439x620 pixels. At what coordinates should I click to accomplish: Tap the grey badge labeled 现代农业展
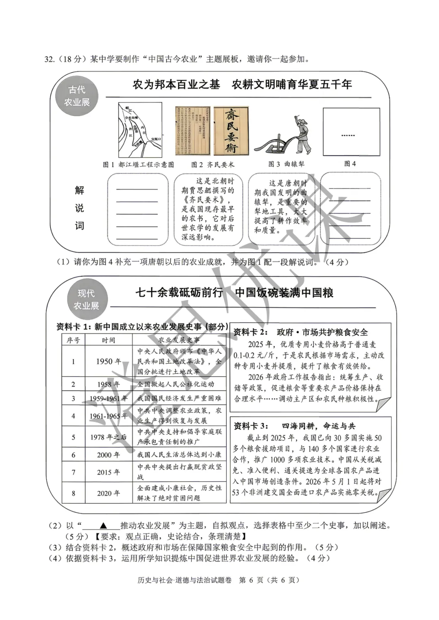86,299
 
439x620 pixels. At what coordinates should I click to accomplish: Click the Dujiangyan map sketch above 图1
140,130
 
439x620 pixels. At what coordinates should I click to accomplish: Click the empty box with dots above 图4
351,132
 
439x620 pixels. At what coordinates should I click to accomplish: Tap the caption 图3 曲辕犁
286,164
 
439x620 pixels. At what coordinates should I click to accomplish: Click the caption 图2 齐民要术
213,165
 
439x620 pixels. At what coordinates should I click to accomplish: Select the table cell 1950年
108,361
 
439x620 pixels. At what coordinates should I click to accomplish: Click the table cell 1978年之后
108,437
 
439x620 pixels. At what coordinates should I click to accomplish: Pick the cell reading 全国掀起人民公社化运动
176,384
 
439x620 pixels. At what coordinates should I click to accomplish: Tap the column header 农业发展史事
179,340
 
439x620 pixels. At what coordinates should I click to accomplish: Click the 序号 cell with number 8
73,493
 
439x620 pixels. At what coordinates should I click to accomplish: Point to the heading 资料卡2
250,332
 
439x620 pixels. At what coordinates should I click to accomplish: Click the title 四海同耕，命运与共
318,426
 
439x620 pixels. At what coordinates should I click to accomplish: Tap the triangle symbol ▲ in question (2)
103,525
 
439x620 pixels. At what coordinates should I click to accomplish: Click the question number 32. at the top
50,59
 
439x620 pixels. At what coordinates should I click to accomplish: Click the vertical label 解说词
79,208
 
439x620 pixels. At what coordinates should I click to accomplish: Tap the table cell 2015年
108,472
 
